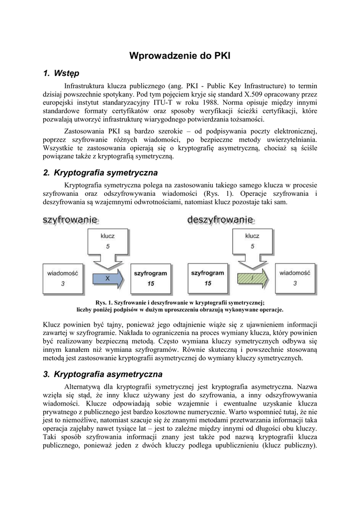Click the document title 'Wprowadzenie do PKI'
pos(180,56)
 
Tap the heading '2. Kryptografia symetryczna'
pos(100,172)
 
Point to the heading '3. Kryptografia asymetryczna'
pos(102,374)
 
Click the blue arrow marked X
pos(107,279)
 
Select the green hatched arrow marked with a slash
pos(253,279)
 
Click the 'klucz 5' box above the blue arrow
pos(108,244)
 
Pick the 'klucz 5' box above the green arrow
pos(253,244)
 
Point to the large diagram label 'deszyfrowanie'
pos(220,219)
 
